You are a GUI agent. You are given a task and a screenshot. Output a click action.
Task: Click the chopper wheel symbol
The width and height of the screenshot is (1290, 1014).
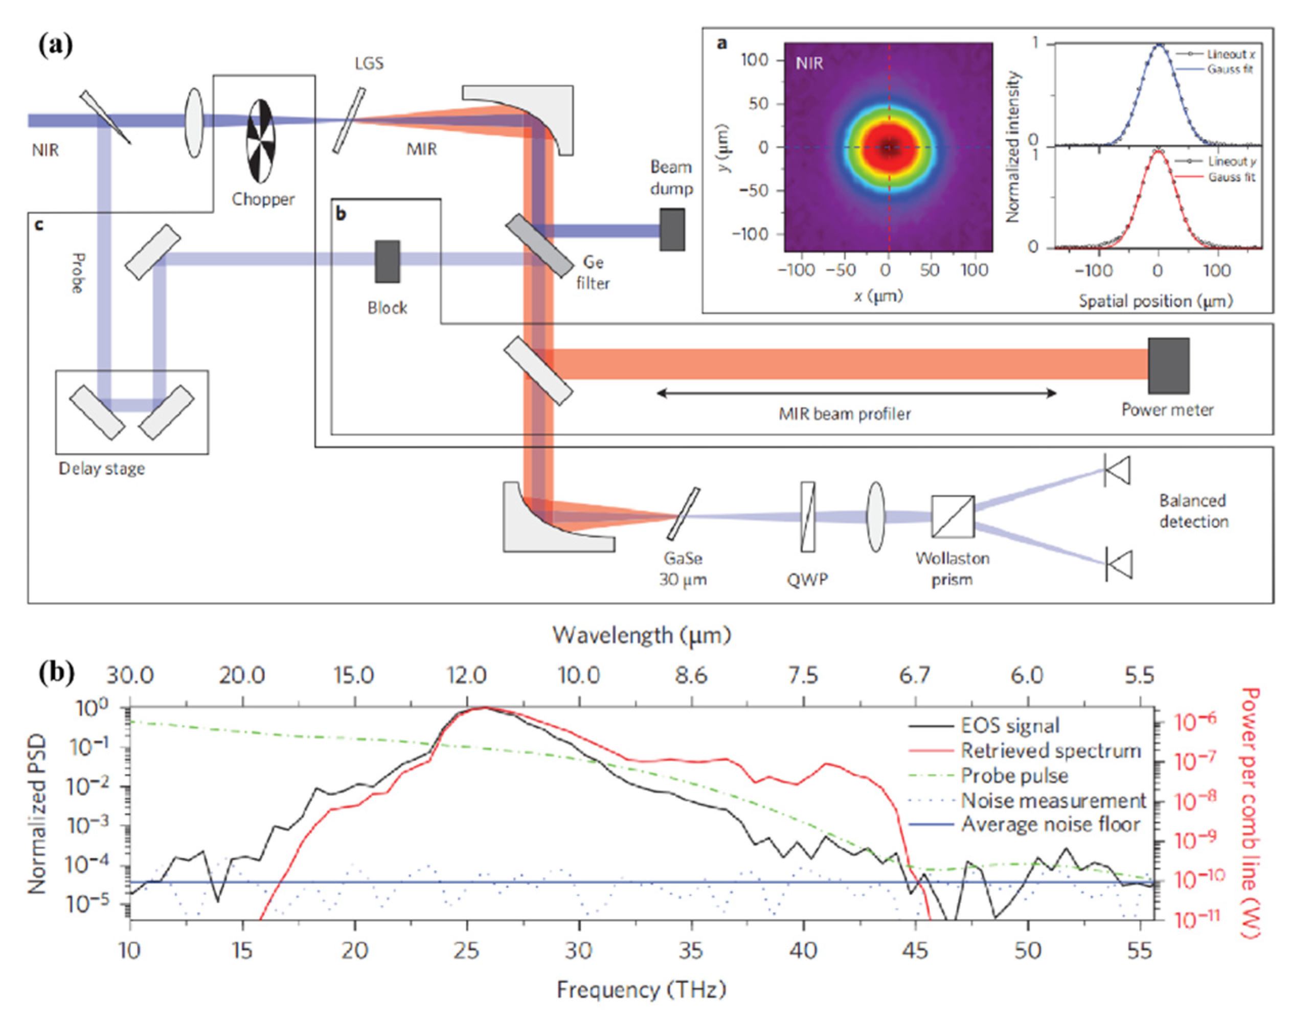pos(261,141)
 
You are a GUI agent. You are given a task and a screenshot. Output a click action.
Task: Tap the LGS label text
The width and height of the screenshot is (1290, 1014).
pos(369,63)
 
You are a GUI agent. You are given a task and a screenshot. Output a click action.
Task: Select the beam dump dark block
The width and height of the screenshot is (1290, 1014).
pos(672,229)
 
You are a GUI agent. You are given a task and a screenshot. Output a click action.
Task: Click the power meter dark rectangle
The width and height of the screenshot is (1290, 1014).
pos(1168,366)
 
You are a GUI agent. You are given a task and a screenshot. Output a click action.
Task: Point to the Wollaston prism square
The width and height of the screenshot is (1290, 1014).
pos(953,517)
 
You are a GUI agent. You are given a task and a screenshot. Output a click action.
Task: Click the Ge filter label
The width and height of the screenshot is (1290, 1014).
pos(593,272)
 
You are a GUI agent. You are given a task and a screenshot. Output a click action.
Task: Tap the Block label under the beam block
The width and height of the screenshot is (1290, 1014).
pos(387,308)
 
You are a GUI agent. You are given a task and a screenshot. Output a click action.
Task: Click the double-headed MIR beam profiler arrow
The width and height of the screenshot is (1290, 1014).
pos(856,393)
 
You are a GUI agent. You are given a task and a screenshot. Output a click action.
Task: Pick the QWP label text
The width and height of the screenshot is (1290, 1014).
pos(807,580)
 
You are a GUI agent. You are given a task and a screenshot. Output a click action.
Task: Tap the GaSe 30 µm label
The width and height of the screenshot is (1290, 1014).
pos(683,569)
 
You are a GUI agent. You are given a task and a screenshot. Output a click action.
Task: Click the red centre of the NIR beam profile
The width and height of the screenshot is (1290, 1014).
pos(889,147)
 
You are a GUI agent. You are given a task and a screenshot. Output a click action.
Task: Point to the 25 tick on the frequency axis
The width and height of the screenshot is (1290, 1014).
pos(467,951)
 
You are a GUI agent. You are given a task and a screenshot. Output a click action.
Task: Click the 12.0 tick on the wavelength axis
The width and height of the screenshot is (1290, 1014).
pos(467,676)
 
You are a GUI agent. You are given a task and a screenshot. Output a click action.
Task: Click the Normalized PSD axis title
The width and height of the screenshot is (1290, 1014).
pos(37,813)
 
